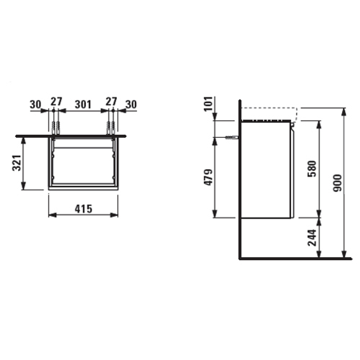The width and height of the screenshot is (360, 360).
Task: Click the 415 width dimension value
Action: pos(83,208)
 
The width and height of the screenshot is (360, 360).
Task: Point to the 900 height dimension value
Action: pos(337,183)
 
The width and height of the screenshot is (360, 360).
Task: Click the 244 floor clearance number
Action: pos(312,238)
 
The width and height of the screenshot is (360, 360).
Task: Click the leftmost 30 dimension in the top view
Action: pos(36,104)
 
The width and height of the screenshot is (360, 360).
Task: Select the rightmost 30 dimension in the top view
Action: pos(131,104)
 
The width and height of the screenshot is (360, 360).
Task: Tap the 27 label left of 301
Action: pos(56,102)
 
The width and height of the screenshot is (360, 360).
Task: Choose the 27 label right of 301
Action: pos(111,102)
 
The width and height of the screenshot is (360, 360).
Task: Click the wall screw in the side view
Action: pos(231,137)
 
